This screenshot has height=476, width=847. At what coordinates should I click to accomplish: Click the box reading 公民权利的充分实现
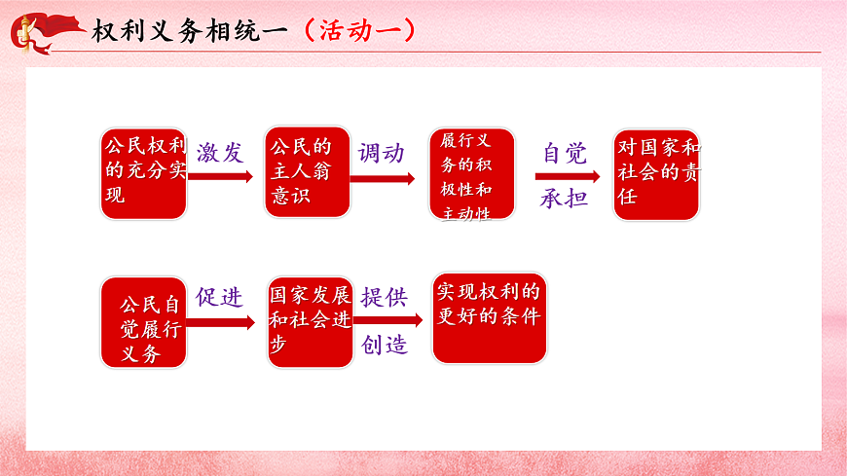pyautogui.click(x=143, y=172)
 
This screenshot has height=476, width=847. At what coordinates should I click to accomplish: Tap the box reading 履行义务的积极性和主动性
pyautogui.click(x=468, y=173)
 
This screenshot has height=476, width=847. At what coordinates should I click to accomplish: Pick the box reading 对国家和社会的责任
pyautogui.click(x=656, y=174)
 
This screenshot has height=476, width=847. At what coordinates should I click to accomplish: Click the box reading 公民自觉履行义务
pyautogui.click(x=143, y=322)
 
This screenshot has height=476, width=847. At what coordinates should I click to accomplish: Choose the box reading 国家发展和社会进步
pyautogui.click(x=310, y=323)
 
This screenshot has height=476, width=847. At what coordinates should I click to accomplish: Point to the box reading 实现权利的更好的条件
pyautogui.click(x=489, y=317)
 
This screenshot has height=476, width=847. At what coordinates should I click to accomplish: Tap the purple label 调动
pyautogui.click(x=381, y=152)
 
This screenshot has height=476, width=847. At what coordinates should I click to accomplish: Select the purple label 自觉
pyautogui.click(x=565, y=153)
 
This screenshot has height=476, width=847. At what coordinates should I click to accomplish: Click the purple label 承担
pyautogui.click(x=565, y=199)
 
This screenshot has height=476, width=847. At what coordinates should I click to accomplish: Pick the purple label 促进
pyautogui.click(x=219, y=298)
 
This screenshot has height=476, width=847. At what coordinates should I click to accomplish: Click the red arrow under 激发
pyautogui.click(x=221, y=177)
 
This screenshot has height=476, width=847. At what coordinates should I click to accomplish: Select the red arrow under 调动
pyautogui.click(x=383, y=178)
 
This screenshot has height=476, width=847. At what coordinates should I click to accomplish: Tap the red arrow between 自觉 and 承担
pyautogui.click(x=567, y=177)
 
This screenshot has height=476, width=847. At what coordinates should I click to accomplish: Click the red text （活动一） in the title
pyautogui.click(x=359, y=30)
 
